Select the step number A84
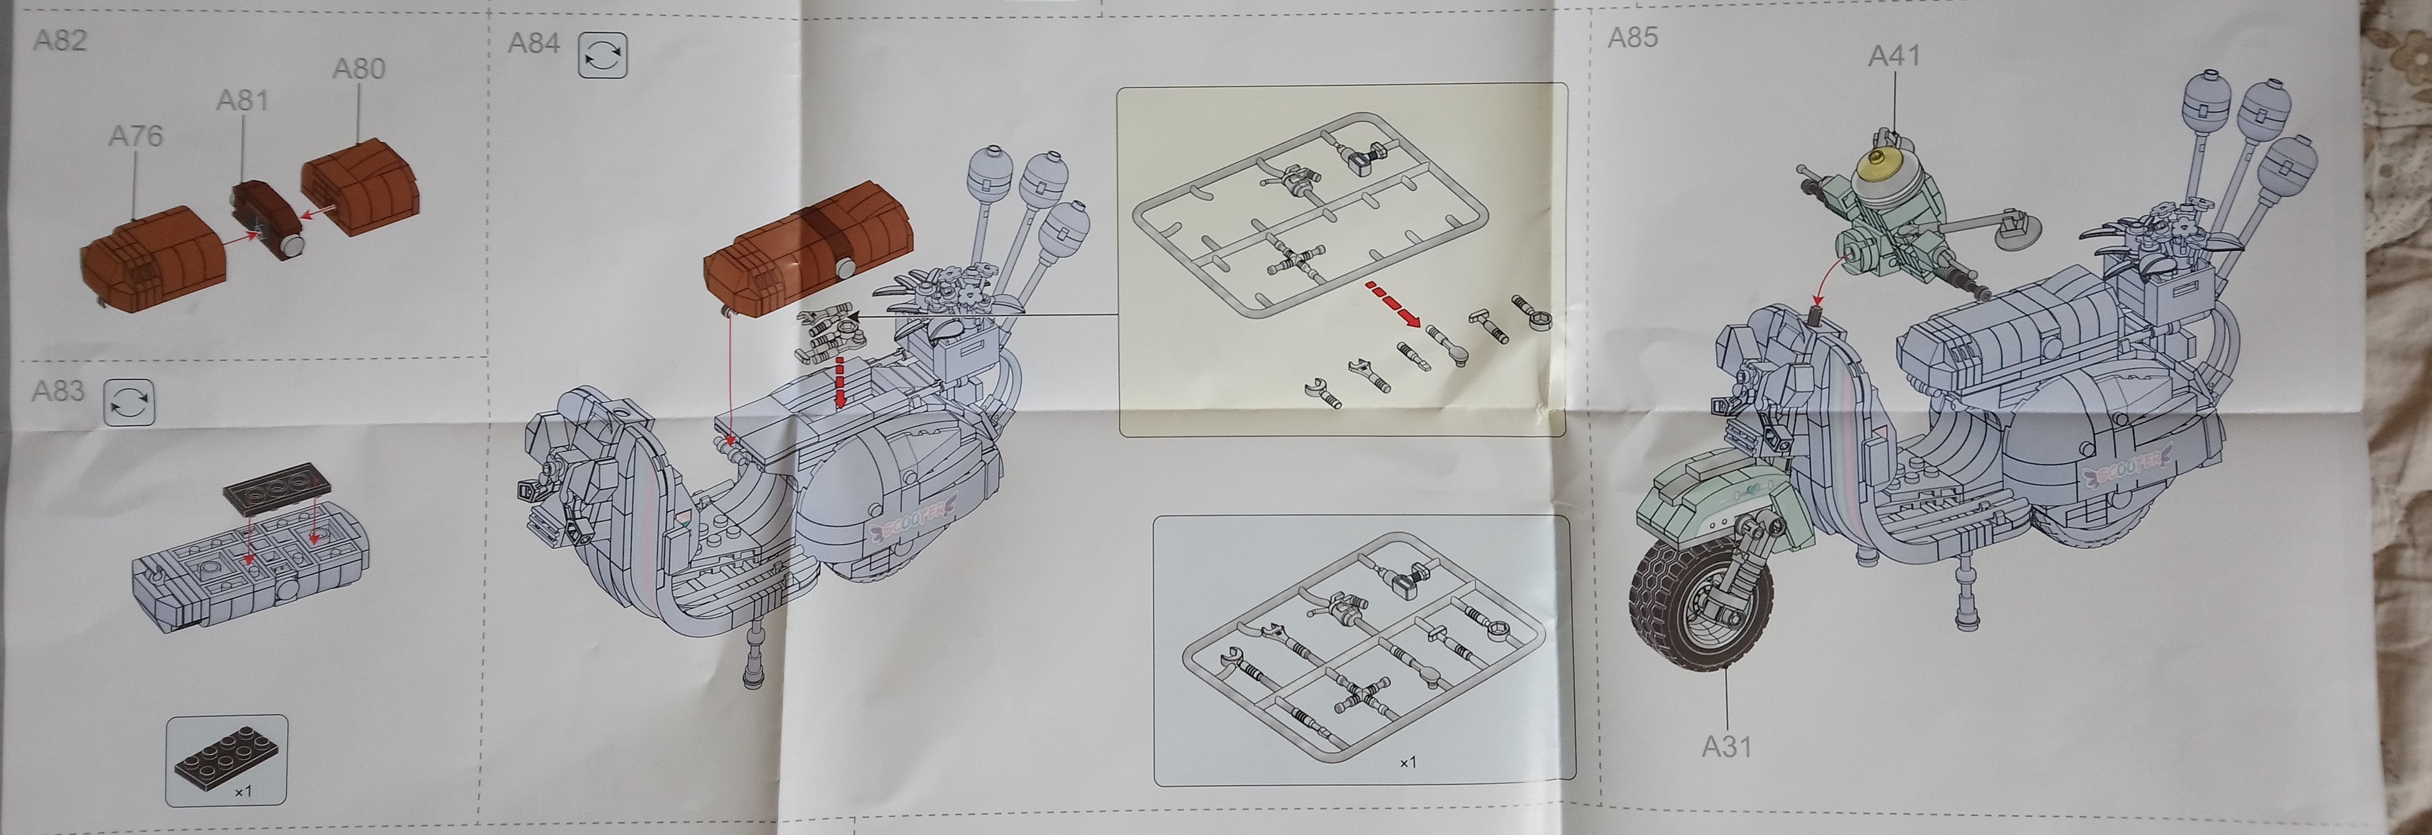pos(534,42)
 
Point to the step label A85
pos(1633,37)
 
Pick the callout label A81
pos(243,100)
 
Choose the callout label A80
pos(359,68)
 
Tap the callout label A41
pos(1894,56)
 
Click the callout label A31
pos(1727,746)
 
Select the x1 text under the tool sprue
pos(1408,761)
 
